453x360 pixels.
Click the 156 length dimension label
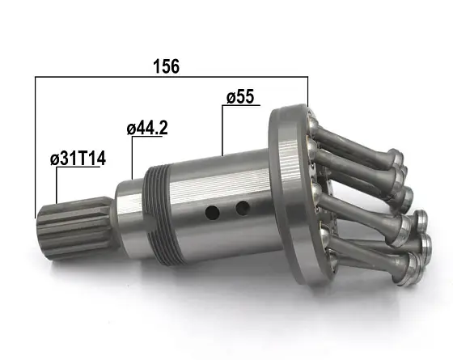click(x=166, y=66)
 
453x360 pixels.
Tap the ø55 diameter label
click(x=240, y=96)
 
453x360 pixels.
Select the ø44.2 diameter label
click(x=147, y=129)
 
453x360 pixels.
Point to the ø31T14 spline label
click(x=78, y=159)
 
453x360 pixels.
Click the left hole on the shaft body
click(x=212, y=212)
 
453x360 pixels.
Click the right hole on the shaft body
click(x=243, y=209)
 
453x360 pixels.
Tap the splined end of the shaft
click(x=74, y=228)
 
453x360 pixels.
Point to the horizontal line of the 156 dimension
click(x=171, y=77)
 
